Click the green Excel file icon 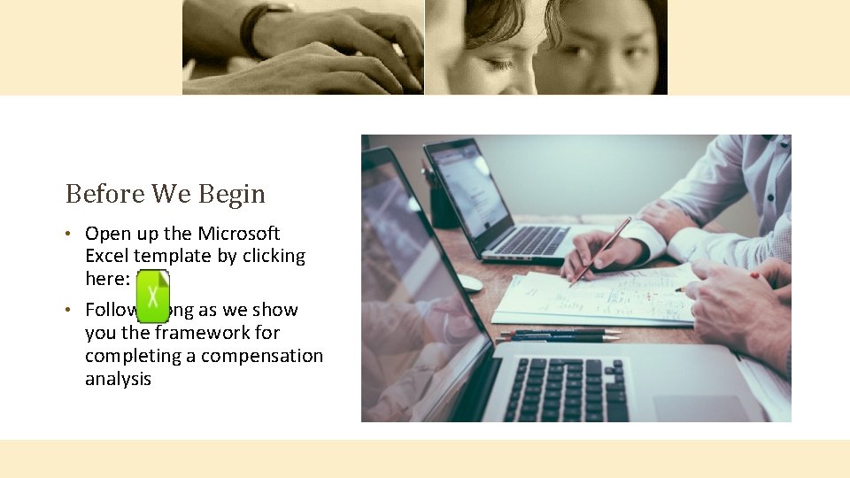pos(153,293)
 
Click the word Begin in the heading pos(231,193)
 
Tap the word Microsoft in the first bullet pos(238,234)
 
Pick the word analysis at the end pos(118,379)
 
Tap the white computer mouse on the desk pos(468,282)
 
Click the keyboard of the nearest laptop pos(567,389)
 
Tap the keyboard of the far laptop pos(530,239)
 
